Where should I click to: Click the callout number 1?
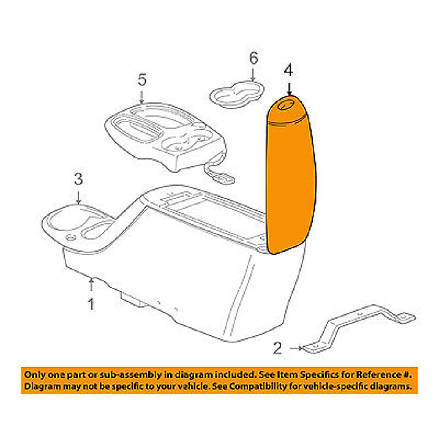[91, 304]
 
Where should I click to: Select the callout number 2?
[277, 348]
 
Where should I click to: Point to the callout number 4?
[288, 70]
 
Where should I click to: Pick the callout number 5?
[142, 80]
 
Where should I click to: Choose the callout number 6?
[253, 58]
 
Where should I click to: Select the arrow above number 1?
[91, 284]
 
